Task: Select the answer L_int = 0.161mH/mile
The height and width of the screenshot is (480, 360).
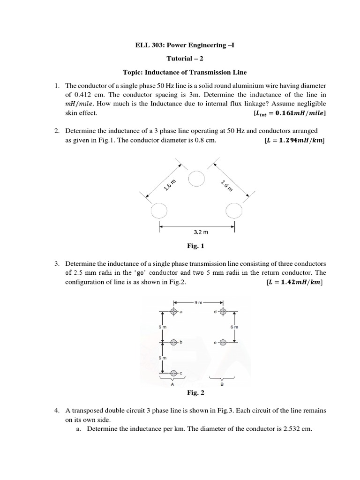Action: point(289,113)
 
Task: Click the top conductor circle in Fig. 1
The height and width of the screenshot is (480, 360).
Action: point(196,178)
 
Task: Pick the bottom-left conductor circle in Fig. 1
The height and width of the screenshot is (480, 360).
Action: point(159,210)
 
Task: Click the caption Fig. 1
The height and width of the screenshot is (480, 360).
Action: point(195,246)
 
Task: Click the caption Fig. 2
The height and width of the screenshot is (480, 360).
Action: point(195,392)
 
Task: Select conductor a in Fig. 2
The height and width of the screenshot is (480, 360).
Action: point(174,311)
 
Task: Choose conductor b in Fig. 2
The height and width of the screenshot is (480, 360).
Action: point(174,342)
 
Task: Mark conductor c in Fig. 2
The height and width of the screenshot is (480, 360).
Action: point(174,373)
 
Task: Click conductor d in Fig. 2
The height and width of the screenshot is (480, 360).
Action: point(223,311)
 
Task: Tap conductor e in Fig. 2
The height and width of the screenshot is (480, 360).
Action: point(223,342)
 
